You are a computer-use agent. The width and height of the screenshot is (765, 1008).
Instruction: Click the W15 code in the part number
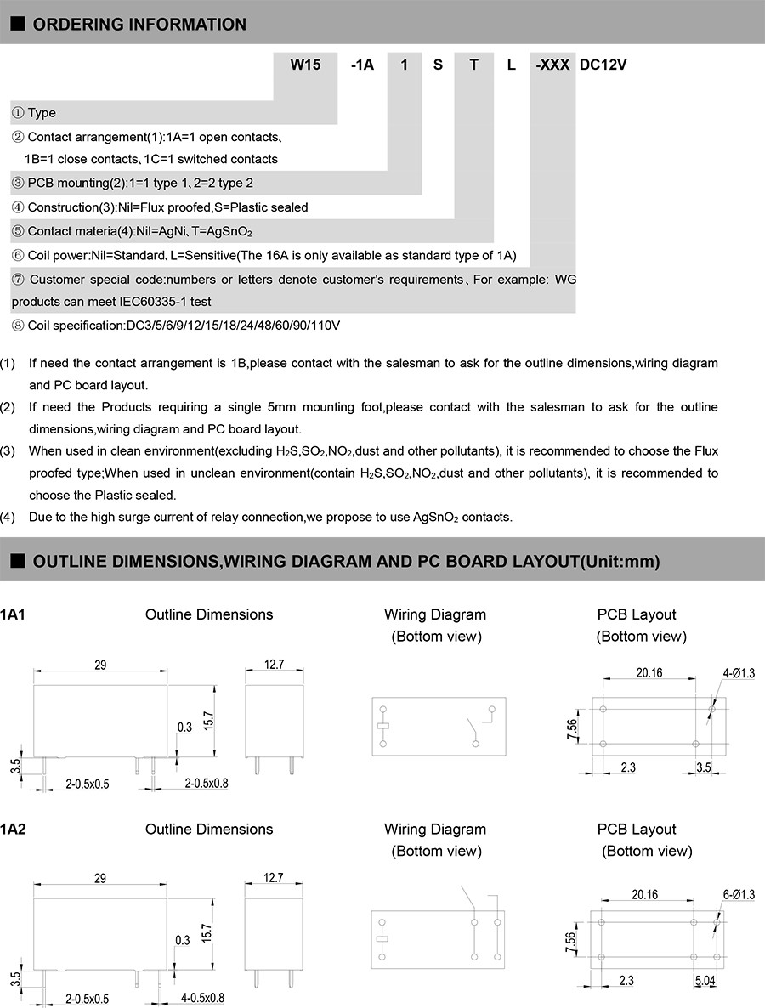click(306, 65)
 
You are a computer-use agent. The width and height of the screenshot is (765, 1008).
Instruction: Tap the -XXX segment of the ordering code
click(552, 65)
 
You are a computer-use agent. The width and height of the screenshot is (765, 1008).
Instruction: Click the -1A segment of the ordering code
click(362, 65)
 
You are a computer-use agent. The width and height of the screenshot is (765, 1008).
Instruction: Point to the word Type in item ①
click(42, 113)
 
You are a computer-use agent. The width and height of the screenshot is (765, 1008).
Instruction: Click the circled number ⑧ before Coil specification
click(17, 326)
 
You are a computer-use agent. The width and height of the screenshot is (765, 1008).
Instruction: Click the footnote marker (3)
click(8, 450)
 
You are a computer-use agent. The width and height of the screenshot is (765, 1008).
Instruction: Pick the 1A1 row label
click(12, 614)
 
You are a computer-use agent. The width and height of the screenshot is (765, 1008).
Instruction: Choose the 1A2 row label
click(12, 830)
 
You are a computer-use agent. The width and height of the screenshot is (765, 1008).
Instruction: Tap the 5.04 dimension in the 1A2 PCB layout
click(705, 981)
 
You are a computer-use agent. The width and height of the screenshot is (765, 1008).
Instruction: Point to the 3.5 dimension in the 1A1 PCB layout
click(703, 767)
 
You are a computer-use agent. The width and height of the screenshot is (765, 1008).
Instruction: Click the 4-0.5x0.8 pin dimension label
click(202, 998)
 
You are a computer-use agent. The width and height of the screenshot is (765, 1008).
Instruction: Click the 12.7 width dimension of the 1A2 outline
click(274, 877)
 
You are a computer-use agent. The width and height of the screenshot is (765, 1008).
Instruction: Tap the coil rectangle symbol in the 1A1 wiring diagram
click(382, 727)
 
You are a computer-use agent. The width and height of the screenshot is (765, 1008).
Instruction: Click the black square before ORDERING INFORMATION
click(18, 24)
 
